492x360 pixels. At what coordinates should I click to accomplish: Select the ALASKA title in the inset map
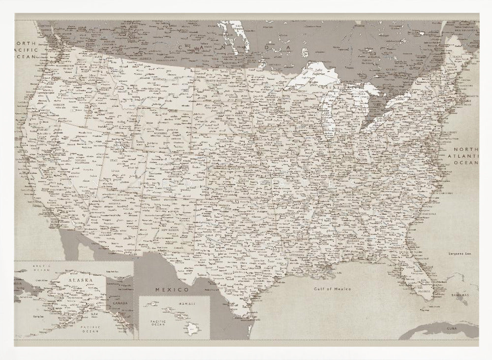pos(80,280)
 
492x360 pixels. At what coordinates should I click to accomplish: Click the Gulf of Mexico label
pos(333,289)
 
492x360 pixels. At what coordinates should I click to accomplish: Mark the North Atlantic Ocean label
pos(465,156)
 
